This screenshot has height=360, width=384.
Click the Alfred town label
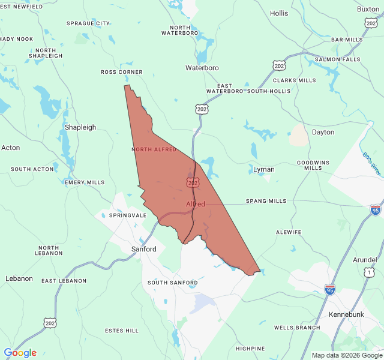196,204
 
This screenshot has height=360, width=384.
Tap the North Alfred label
154,149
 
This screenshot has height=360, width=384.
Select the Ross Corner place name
122,72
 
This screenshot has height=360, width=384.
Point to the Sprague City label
88,23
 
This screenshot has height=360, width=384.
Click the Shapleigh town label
80,127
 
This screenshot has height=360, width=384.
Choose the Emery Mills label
85,182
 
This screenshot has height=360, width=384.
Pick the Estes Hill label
122,331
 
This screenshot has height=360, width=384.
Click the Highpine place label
250,348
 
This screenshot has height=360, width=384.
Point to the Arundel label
365,260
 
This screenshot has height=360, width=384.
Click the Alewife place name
289,232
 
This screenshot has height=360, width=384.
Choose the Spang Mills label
266,201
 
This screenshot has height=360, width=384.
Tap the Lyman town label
264,169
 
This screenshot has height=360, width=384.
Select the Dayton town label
323,132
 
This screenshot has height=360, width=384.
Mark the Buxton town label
368,9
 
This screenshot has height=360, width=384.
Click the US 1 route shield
368,272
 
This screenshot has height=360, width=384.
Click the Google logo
20,353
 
